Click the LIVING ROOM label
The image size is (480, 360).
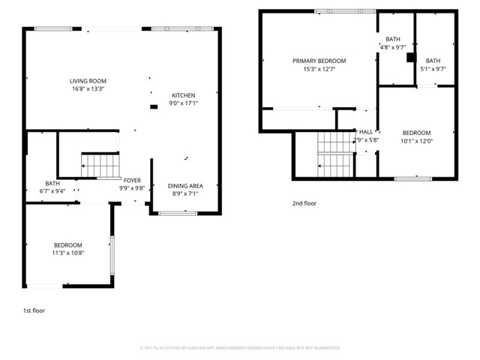(87, 81)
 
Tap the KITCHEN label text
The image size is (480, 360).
(184, 95)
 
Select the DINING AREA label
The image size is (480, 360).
(184, 186)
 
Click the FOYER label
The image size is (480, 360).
(132, 181)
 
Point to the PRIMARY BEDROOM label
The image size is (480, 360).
(319, 61)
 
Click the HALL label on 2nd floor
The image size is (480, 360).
(366, 132)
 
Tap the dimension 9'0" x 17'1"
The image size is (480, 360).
(184, 103)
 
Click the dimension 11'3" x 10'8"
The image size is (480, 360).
(67, 253)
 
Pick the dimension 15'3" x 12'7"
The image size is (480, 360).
(319, 69)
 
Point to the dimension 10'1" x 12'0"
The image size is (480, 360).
(416, 140)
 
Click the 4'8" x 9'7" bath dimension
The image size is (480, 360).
(393, 47)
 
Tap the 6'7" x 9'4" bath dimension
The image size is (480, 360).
(52, 190)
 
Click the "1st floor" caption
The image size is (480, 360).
(34, 310)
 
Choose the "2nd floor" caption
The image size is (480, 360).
(304, 202)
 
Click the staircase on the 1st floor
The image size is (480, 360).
(100, 166)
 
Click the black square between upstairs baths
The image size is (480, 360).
(410, 56)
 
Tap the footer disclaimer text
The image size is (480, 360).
(240, 348)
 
